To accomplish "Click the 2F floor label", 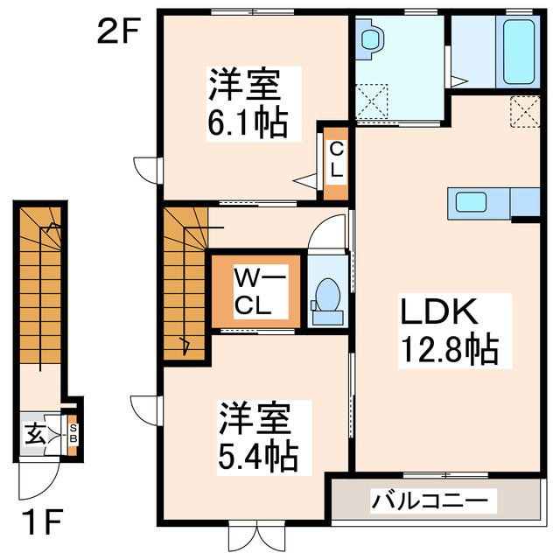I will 117,32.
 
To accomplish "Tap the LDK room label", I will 437,313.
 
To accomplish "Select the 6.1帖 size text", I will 248,124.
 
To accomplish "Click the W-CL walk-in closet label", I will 255,293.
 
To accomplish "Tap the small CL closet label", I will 335,159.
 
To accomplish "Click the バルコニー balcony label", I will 434,502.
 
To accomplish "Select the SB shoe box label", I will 73,433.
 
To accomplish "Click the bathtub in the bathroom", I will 518,52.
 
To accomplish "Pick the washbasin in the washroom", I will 371,39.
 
